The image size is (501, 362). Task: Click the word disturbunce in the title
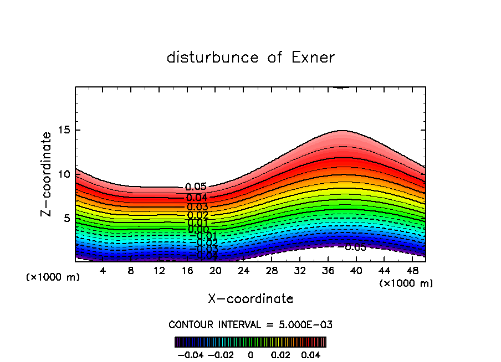(x=212, y=58)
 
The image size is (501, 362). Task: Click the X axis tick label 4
(x=103, y=271)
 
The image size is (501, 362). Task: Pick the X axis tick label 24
(x=243, y=271)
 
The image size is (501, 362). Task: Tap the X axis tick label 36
(x=328, y=271)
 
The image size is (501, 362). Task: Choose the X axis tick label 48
(x=412, y=271)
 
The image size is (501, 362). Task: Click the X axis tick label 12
(x=159, y=271)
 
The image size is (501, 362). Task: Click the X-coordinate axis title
(x=250, y=299)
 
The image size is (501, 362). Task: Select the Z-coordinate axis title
(x=47, y=174)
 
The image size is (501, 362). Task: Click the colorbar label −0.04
(x=190, y=354)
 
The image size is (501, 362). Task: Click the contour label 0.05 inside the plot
(x=196, y=187)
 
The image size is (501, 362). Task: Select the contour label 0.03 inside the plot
(x=197, y=207)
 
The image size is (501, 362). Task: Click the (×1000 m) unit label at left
(x=53, y=277)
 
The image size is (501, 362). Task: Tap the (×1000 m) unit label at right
(x=406, y=283)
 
